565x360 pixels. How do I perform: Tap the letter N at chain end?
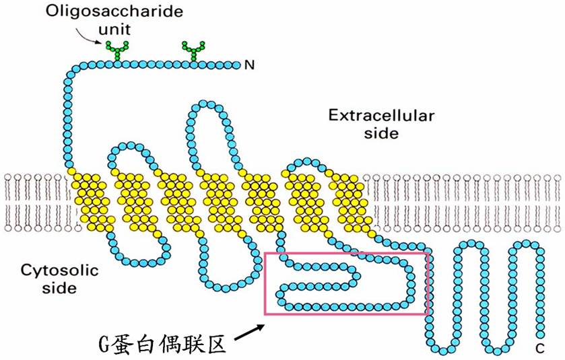click(249, 65)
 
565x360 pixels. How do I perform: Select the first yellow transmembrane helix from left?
click(91, 199)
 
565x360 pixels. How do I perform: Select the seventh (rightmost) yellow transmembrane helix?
click(348, 199)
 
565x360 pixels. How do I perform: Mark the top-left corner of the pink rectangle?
click(265, 253)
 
